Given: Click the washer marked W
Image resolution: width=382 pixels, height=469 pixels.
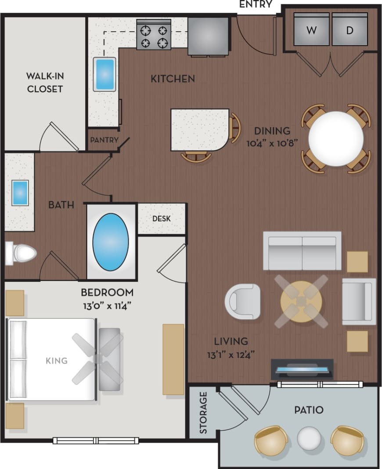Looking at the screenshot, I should (x=311, y=30).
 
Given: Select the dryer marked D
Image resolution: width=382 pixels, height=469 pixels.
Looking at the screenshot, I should (x=350, y=30).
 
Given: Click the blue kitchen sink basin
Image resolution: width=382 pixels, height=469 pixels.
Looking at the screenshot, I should (x=105, y=74).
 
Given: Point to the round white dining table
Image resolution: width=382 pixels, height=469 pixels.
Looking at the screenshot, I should (x=336, y=139).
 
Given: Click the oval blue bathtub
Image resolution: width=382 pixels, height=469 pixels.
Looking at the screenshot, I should (x=111, y=242).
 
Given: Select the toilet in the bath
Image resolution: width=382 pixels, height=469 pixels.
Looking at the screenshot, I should (x=21, y=253).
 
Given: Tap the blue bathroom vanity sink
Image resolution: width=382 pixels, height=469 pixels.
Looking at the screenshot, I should (x=20, y=192).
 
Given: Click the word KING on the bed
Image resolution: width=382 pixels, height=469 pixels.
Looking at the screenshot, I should (x=57, y=361).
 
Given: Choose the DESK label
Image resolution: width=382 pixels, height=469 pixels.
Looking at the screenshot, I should (x=162, y=218).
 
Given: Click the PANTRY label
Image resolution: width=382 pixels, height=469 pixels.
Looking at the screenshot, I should (x=105, y=140).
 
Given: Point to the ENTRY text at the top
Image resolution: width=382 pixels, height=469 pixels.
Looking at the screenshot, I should (x=256, y=5).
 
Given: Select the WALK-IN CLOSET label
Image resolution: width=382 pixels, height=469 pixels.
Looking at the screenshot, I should (x=45, y=82).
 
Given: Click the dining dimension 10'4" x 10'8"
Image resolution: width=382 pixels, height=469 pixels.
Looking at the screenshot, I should (x=272, y=142).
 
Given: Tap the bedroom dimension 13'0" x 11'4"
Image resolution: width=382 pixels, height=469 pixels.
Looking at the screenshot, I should (x=107, y=304).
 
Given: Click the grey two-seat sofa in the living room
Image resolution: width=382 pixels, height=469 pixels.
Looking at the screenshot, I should (x=302, y=250).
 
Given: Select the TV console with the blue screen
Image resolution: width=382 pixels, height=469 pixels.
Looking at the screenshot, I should (x=302, y=369).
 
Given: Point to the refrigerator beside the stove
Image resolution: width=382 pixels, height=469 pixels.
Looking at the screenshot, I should (x=208, y=35).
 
